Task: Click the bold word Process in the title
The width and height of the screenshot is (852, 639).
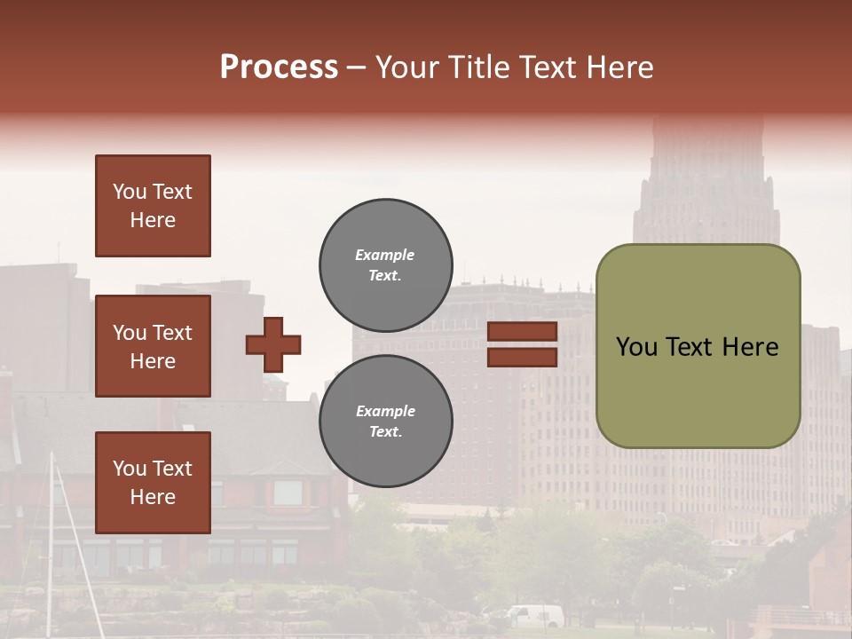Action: (279, 67)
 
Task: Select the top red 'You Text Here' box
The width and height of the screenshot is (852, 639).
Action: (153, 206)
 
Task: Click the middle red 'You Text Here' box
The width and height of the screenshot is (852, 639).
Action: (153, 346)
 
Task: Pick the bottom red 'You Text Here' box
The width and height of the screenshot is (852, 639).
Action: (153, 483)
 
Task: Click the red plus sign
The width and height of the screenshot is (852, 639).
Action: (273, 344)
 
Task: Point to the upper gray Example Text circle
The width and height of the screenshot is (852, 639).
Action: (385, 265)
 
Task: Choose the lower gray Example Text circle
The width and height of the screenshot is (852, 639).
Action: (385, 422)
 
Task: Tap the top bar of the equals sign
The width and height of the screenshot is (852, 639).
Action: (522, 332)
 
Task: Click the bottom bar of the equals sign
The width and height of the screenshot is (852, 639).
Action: (522, 358)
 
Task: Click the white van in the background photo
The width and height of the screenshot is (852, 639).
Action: (536, 616)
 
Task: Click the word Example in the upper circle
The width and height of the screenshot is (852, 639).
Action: (385, 256)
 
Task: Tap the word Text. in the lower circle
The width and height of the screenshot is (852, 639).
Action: (385, 432)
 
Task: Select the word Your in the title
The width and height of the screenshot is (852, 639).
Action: (404, 67)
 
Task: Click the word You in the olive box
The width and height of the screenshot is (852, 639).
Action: (636, 347)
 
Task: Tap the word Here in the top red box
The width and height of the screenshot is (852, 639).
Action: (153, 220)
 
